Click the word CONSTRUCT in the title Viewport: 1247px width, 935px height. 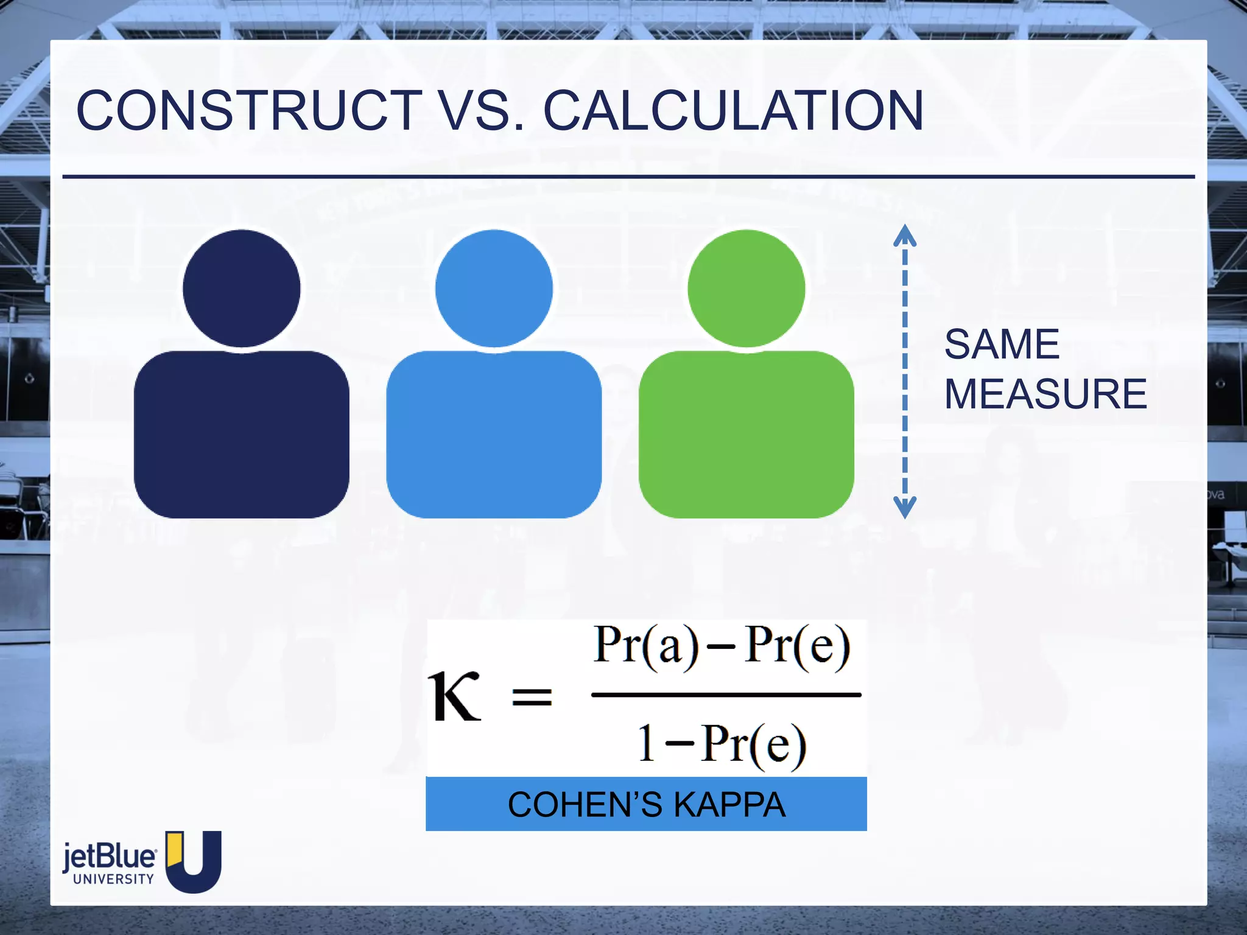click(248, 111)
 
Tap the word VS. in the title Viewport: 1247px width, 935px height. click(481, 111)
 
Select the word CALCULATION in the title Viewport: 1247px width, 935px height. click(733, 111)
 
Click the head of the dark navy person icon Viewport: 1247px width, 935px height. click(242, 288)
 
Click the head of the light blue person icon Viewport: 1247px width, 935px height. click(494, 288)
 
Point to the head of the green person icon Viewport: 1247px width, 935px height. click(746, 288)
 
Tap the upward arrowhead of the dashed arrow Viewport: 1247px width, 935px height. click(905, 235)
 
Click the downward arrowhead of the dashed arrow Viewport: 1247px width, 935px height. click(905, 507)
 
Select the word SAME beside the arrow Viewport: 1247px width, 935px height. click(1002, 345)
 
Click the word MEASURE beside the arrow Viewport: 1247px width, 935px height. click(1045, 394)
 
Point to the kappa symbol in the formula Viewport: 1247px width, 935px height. click(454, 697)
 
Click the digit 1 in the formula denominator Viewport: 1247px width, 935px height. click(647, 743)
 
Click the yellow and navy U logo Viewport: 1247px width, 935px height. click(194, 861)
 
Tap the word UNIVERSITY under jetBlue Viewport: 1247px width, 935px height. click(113, 879)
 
